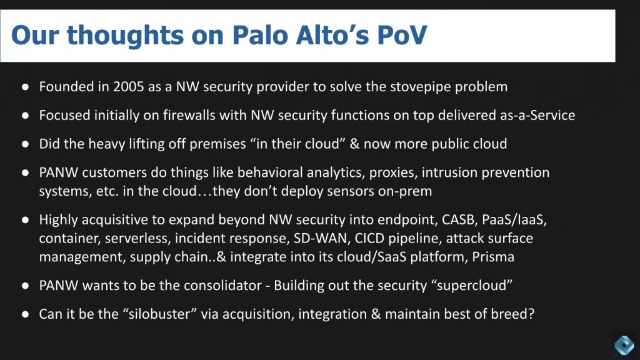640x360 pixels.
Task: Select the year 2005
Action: coord(129,87)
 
